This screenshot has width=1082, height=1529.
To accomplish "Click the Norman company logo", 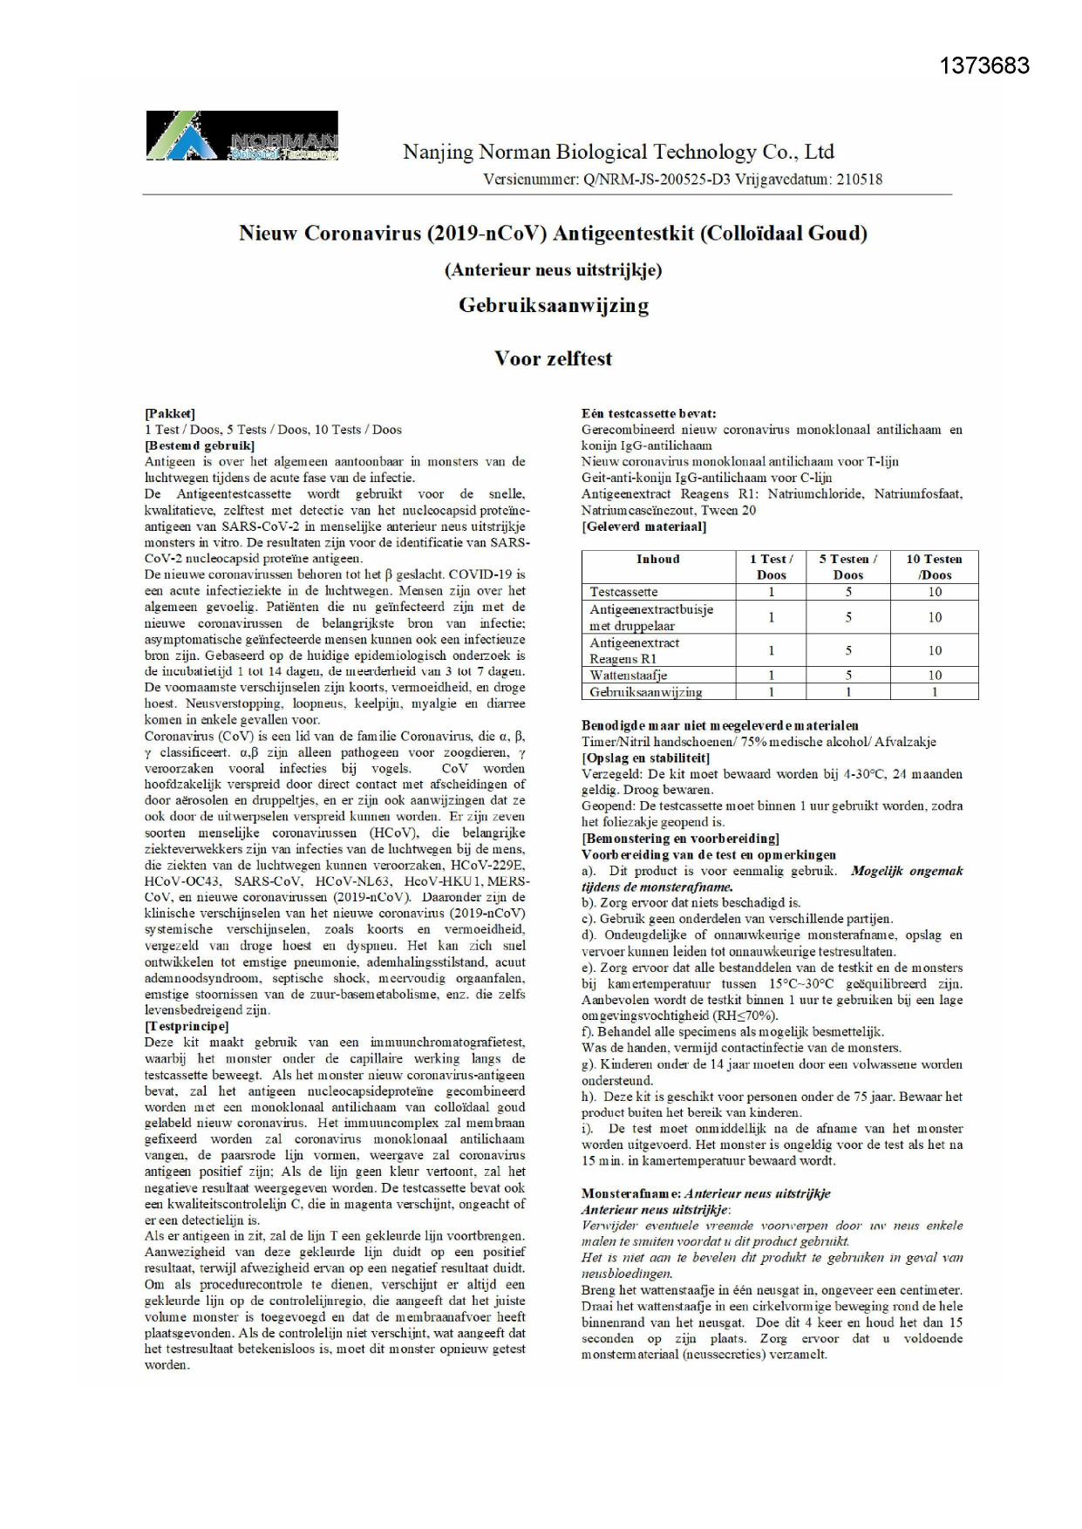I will (242, 136).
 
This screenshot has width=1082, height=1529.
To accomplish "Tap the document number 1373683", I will (984, 65).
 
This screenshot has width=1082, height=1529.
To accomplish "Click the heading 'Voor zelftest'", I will (553, 358).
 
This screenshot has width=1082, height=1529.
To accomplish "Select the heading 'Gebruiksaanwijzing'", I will (553, 305).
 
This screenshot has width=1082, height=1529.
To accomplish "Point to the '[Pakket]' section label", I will (170, 413).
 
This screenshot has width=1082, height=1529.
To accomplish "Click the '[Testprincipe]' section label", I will (187, 1026).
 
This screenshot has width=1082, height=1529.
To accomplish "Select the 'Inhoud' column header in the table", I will (658, 559).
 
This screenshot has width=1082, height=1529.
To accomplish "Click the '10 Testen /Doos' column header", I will (934, 567).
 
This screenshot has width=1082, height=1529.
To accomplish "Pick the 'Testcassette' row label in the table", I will (623, 592).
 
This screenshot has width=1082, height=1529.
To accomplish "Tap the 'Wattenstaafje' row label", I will (628, 675).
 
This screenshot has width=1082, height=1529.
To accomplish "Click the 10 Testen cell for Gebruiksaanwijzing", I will (935, 691).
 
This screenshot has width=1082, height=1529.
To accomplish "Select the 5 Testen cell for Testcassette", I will (847, 592).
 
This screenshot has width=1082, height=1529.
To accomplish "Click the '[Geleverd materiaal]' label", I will (643, 527).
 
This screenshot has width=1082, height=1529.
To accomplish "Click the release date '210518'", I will (859, 180).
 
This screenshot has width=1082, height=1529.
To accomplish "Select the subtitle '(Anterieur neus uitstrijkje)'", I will (553, 270).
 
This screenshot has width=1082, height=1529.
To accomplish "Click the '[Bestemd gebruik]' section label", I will (200, 445).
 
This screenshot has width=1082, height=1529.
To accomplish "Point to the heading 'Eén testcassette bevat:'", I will (649, 413).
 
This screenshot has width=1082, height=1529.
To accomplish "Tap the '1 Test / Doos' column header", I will (771, 567).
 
